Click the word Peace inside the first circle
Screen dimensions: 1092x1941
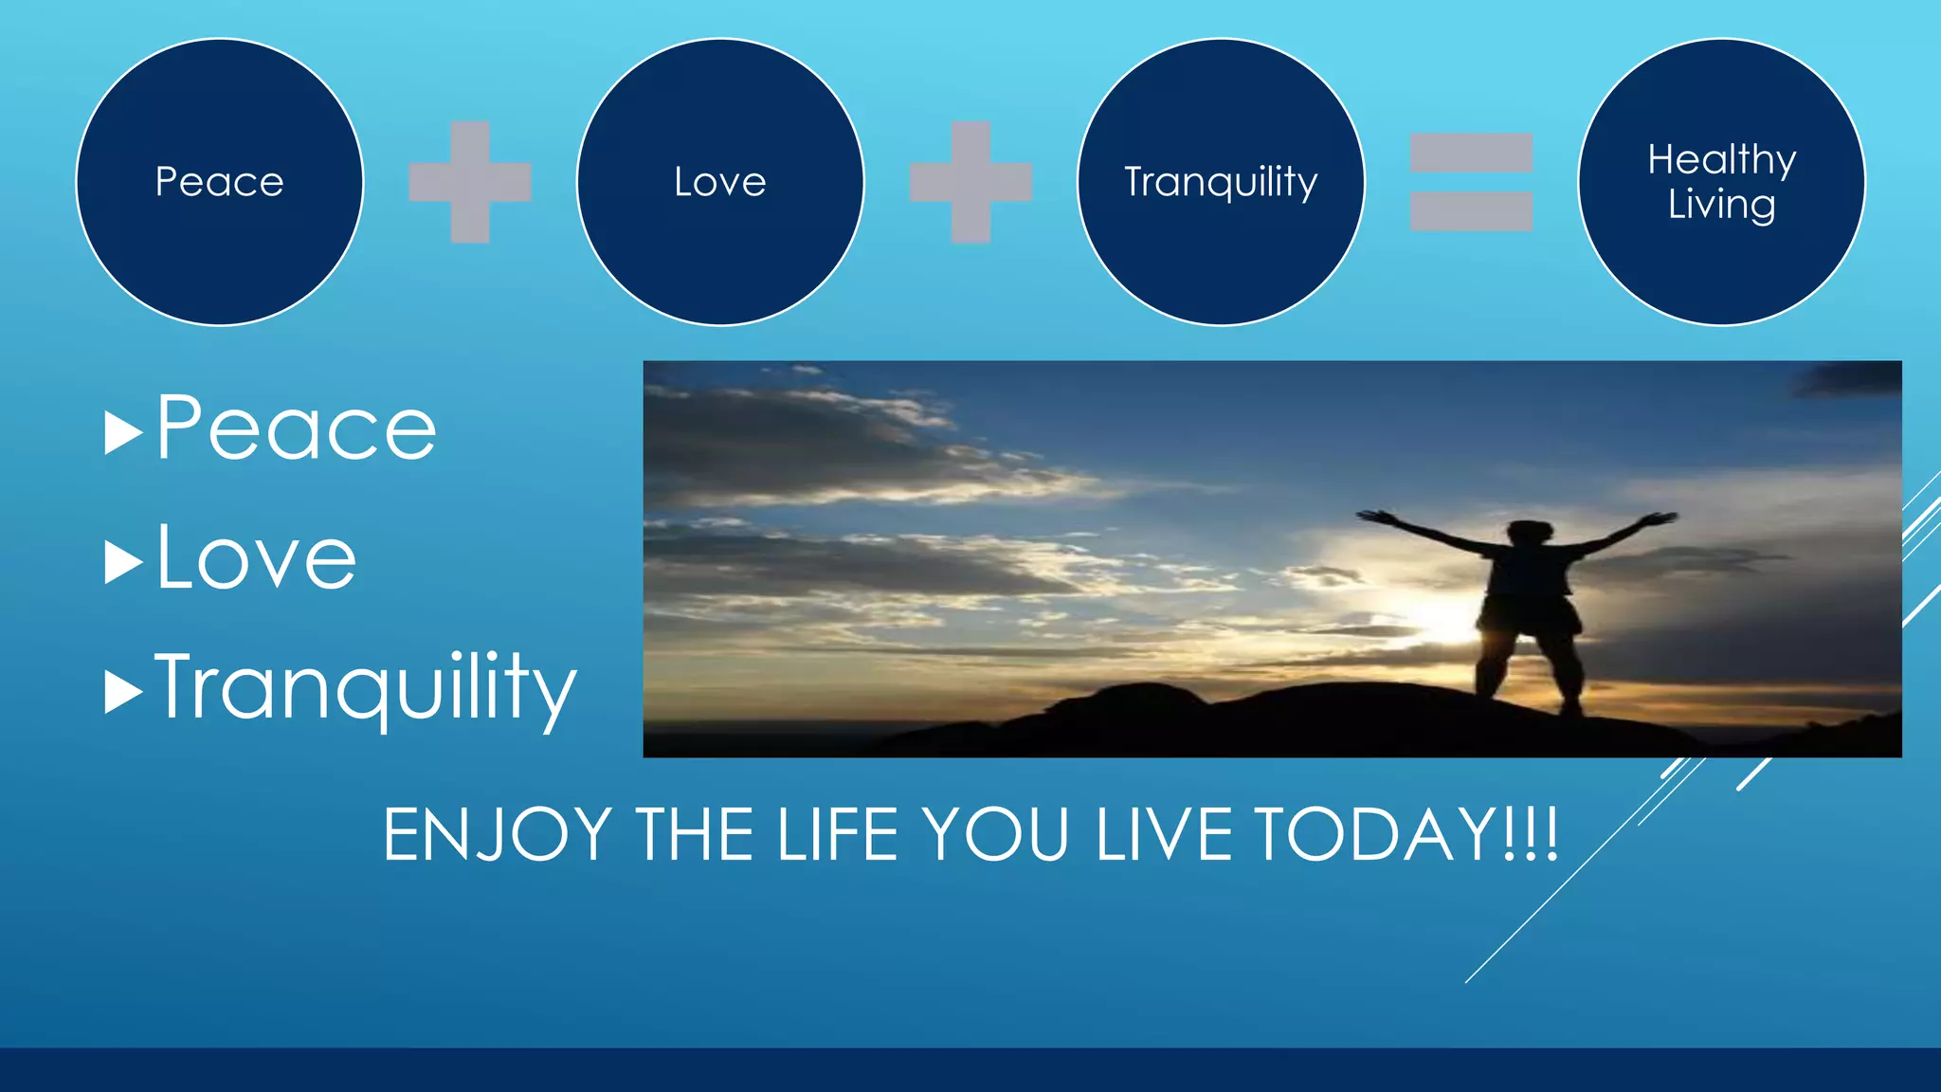[x=219, y=182]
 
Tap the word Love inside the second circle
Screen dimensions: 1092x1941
[x=720, y=182]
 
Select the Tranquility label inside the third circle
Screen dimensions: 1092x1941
[x=1221, y=182]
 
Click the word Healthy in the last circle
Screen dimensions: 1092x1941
[x=1721, y=159]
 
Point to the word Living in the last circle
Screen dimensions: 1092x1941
[x=1721, y=205]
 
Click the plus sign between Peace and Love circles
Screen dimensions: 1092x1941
[x=470, y=182]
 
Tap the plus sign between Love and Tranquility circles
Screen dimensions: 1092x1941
[x=970, y=182]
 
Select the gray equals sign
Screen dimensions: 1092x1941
[x=1471, y=182]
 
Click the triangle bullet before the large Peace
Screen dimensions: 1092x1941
[x=122, y=433]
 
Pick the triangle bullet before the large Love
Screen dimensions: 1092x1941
[x=122, y=562]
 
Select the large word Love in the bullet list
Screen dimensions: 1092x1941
[x=256, y=559]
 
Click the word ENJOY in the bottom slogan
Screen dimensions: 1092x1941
[x=497, y=835]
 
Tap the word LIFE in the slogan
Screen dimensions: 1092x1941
[x=837, y=835]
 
